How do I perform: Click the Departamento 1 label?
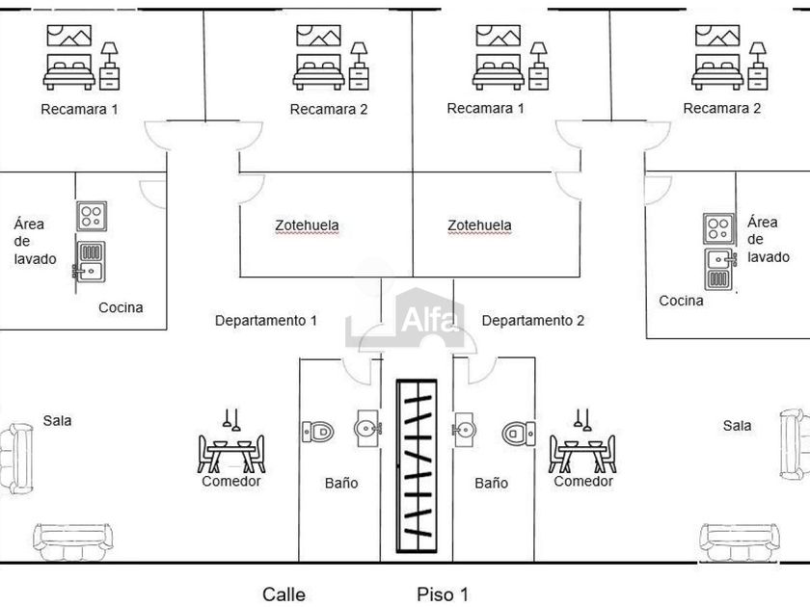(265, 320)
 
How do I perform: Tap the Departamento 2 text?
(532, 320)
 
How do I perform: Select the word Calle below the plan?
(284, 594)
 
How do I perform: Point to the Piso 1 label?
(443, 594)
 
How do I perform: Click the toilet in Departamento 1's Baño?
(317, 431)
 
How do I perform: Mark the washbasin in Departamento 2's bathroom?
(464, 427)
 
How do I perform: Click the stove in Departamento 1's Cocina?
(92, 216)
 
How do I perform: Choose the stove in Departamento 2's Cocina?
(718, 228)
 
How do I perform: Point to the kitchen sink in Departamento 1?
(91, 261)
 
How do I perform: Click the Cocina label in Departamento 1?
(121, 307)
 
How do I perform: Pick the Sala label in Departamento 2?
(738, 425)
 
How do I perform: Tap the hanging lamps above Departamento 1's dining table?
(231, 419)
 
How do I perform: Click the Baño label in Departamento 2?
(491, 483)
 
